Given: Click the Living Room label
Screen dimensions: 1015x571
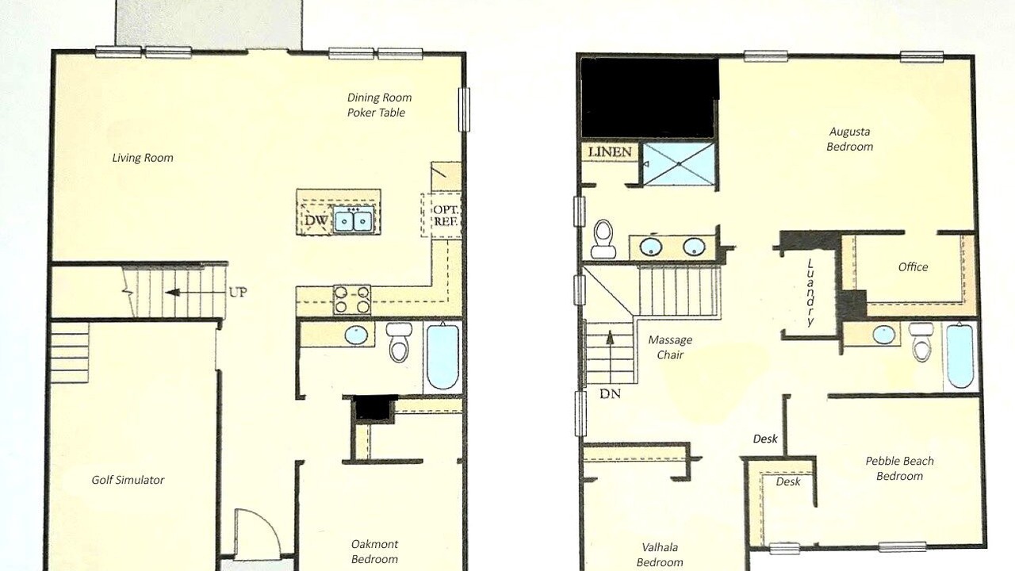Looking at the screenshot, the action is point(143,158).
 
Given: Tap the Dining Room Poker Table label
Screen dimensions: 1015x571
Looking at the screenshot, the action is point(379,105).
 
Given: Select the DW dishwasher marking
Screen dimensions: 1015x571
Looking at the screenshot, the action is point(316,220).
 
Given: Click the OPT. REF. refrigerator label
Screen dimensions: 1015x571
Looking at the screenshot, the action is point(446,216).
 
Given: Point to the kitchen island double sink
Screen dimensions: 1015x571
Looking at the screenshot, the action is point(354,220).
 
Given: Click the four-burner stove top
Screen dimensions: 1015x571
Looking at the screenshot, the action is point(352,300).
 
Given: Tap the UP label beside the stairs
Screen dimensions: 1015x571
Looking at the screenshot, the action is point(238,293).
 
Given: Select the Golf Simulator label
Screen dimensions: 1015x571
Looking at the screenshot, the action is point(128,480).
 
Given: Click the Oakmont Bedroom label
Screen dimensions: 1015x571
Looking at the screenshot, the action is point(375,551).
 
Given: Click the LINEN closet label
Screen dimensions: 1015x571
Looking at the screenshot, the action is point(610,151).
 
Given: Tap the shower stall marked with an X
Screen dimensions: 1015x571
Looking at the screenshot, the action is point(679,163).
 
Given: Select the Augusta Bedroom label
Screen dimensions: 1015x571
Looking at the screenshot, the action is point(849,139).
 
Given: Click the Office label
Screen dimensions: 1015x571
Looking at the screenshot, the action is point(913,267).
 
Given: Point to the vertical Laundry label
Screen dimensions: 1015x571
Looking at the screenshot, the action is point(810,293).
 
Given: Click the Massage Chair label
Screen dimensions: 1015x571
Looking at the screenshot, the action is point(670,347).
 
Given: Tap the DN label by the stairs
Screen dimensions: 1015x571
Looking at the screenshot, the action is point(610,394).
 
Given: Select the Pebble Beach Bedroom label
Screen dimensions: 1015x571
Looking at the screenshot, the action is point(899,468).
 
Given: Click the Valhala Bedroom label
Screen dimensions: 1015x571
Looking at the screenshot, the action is point(660,554).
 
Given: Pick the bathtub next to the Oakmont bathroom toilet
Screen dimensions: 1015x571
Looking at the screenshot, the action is point(442,357).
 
